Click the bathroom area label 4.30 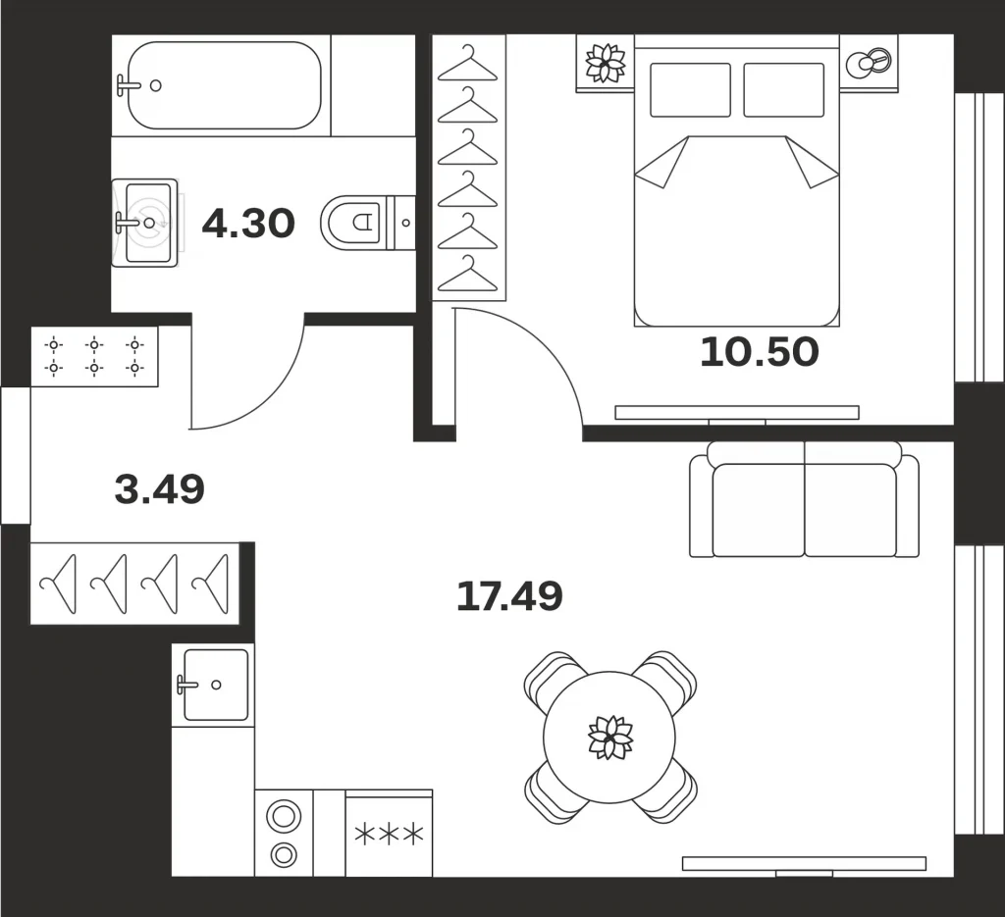[248, 224]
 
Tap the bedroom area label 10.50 [760, 352]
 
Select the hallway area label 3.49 [160, 488]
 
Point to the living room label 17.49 [509, 595]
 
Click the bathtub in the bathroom [225, 85]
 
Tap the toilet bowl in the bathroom [352, 223]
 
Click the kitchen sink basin [215, 685]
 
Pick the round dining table [609, 738]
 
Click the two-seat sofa [805, 499]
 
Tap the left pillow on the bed [690, 89]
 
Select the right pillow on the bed [784, 89]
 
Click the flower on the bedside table [605, 63]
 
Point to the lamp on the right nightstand [869, 63]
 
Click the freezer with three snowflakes [389, 834]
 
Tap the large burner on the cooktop [284, 816]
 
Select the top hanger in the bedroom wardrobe [468, 64]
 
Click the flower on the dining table [610, 738]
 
